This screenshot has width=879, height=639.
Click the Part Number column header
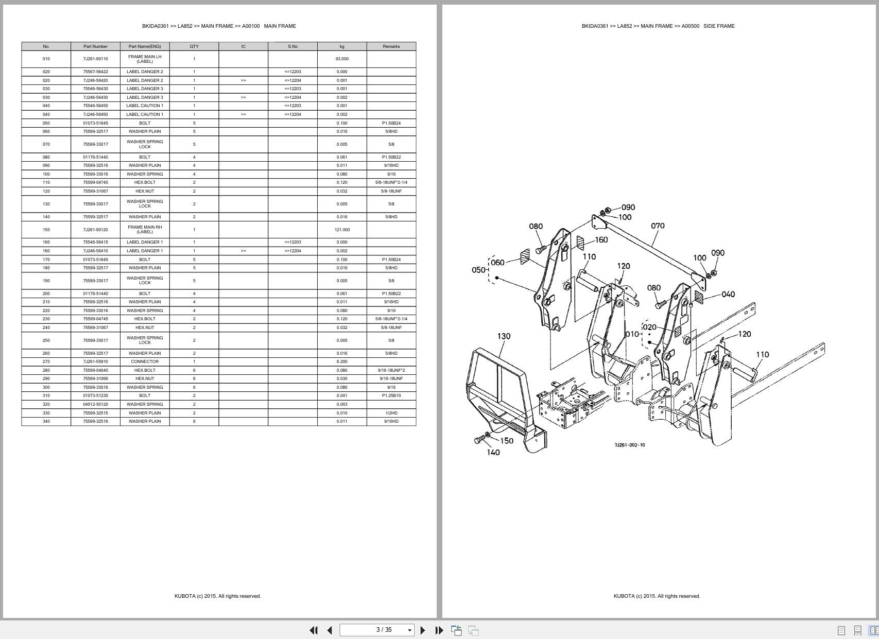[x=95, y=46]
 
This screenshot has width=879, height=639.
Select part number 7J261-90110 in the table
[x=95, y=59]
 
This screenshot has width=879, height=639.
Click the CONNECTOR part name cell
[x=145, y=361]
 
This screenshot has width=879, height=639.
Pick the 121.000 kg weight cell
[x=342, y=230]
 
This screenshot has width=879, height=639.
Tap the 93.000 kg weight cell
[x=342, y=59]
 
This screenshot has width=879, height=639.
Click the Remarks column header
[x=391, y=46]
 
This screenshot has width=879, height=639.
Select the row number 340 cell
[x=46, y=421]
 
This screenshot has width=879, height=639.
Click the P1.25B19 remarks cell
[x=391, y=395]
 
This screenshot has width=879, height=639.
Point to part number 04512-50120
[x=95, y=404]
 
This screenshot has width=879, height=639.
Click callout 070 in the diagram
[x=658, y=226]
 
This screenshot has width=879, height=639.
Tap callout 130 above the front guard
[x=504, y=336]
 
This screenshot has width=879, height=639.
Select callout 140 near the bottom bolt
[x=493, y=453]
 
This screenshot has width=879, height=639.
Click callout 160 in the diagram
[x=601, y=240]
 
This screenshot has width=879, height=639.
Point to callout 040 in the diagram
[x=728, y=295]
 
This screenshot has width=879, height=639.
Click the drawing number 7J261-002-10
[x=629, y=445]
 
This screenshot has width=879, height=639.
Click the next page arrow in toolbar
[x=423, y=630]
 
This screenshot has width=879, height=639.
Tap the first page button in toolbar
[x=313, y=630]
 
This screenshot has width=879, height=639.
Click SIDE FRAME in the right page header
[x=719, y=26]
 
